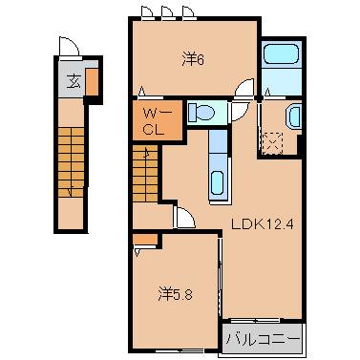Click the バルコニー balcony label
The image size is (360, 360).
pyautogui.click(x=263, y=339)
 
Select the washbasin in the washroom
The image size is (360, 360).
pyautogui.click(x=293, y=117)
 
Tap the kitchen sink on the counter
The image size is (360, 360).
pyautogui.click(x=217, y=180)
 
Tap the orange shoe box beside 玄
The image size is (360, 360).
pyautogui.click(x=92, y=83)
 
